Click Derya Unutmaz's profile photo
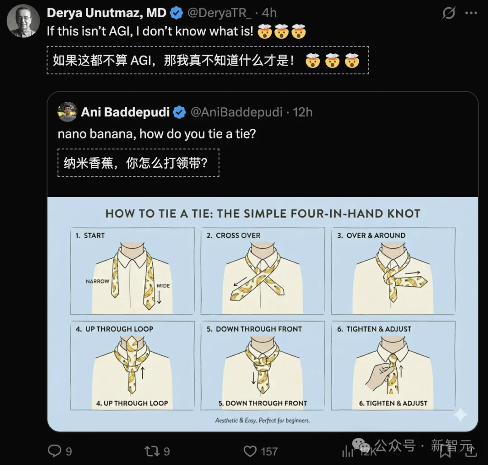23,21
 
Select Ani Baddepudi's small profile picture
67,112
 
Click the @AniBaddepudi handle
236,112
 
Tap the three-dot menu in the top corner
471,13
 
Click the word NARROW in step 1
98,281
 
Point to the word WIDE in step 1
163,286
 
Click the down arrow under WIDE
159,297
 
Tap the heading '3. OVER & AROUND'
371,236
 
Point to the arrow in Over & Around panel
413,273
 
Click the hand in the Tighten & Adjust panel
378,377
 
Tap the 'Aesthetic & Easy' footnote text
263,420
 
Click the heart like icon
250,451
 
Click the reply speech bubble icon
55,451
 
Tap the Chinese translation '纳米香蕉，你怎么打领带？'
138,163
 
